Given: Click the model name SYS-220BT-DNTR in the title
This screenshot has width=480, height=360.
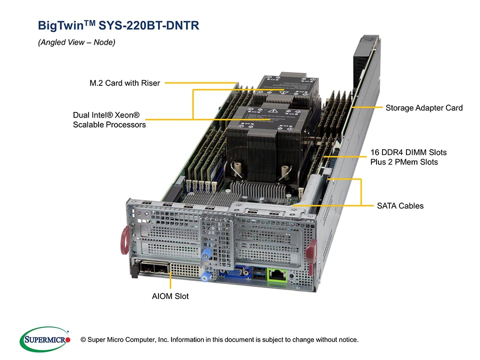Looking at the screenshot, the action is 149,25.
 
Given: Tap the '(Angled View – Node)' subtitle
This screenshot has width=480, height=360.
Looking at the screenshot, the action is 76,42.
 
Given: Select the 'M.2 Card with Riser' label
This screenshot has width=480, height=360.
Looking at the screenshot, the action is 124,83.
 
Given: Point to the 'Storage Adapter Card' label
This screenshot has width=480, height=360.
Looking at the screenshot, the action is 424,108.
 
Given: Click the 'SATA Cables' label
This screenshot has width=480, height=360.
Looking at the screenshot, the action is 400,205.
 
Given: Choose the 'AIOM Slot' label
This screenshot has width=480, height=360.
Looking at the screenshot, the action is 170,296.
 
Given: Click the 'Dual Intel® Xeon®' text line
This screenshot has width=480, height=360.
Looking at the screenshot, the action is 106,115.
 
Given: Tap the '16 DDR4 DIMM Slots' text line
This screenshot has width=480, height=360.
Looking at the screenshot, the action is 408,152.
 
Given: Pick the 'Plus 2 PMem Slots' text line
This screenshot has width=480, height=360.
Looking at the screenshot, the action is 404,162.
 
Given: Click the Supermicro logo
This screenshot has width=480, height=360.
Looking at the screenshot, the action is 45,339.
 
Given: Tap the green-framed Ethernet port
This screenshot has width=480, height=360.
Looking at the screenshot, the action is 277,274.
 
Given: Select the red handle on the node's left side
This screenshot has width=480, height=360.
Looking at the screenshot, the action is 125,240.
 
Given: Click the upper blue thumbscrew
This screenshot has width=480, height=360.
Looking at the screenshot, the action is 206,254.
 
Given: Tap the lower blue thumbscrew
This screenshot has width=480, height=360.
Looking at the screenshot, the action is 205,276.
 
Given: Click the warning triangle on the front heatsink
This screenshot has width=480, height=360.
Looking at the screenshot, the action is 273,111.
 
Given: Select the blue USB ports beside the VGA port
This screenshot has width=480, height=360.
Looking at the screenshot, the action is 259,273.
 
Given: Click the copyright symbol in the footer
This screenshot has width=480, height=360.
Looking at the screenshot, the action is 83,339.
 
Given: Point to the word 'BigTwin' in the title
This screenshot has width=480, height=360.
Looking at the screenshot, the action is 60,25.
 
